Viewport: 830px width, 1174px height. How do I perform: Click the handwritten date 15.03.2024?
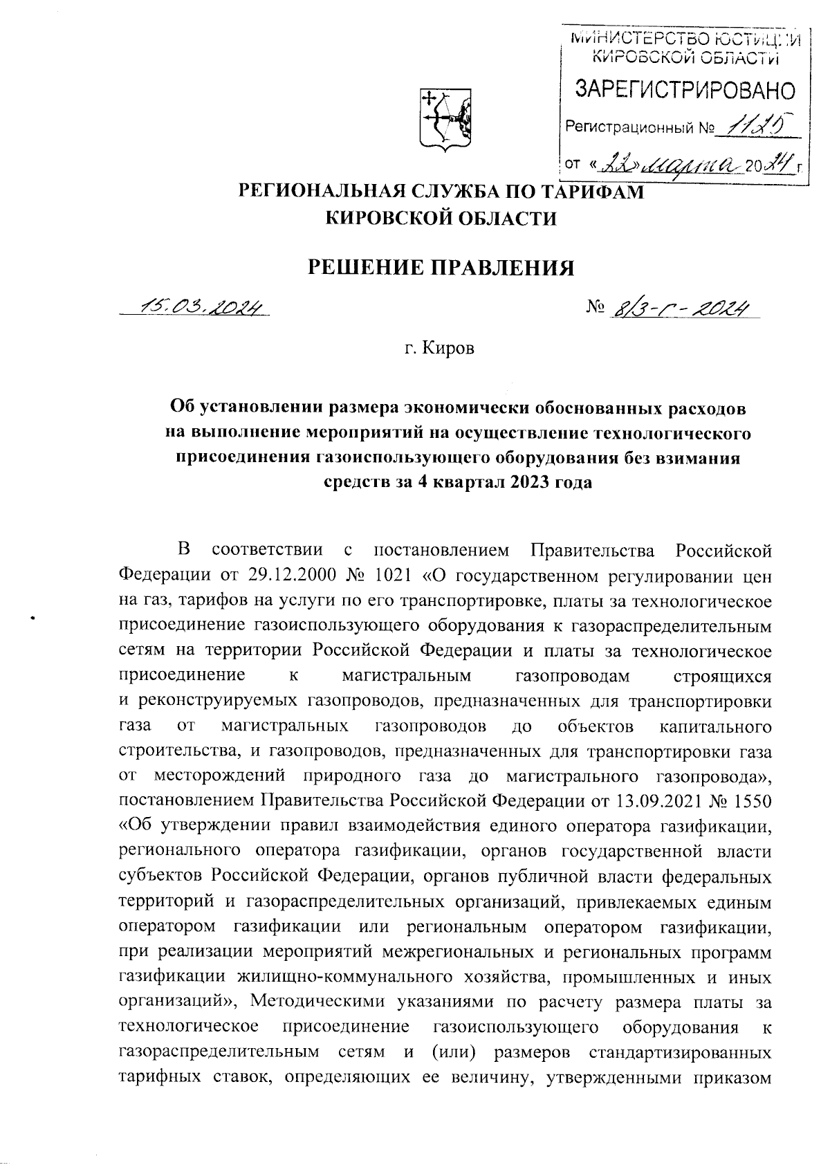click(x=201, y=306)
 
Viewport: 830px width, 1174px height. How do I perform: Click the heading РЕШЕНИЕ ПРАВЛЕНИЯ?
click(x=441, y=266)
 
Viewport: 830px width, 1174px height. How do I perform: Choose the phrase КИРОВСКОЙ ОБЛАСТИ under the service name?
click(x=441, y=219)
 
